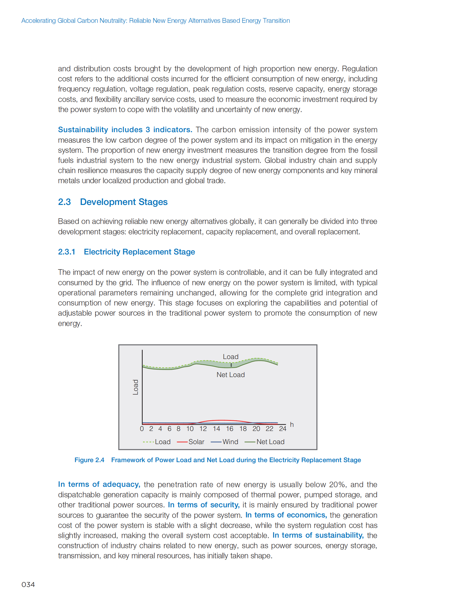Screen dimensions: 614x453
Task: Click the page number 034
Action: click(28, 584)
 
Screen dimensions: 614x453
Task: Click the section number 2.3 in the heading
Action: click(64, 202)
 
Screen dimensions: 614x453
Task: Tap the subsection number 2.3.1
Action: click(66, 252)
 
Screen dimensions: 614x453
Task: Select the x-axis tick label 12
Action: click(203, 429)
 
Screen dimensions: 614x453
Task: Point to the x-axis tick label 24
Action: click(282, 429)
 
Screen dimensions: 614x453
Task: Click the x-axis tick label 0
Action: click(142, 429)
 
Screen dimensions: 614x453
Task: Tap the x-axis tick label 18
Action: click(243, 429)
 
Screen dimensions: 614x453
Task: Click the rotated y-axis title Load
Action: click(136, 387)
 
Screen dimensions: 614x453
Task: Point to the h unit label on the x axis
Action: click(292, 424)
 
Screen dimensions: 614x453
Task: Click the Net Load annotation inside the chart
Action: click(230, 375)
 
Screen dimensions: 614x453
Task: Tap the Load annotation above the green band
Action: click(230, 357)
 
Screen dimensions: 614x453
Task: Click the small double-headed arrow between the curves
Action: click(231, 365)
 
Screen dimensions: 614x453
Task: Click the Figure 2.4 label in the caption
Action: click(89, 460)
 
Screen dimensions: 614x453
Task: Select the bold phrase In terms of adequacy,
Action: click(99, 484)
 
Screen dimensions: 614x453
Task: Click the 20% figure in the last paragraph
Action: click(337, 484)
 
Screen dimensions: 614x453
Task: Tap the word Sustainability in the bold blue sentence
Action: click(83, 130)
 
